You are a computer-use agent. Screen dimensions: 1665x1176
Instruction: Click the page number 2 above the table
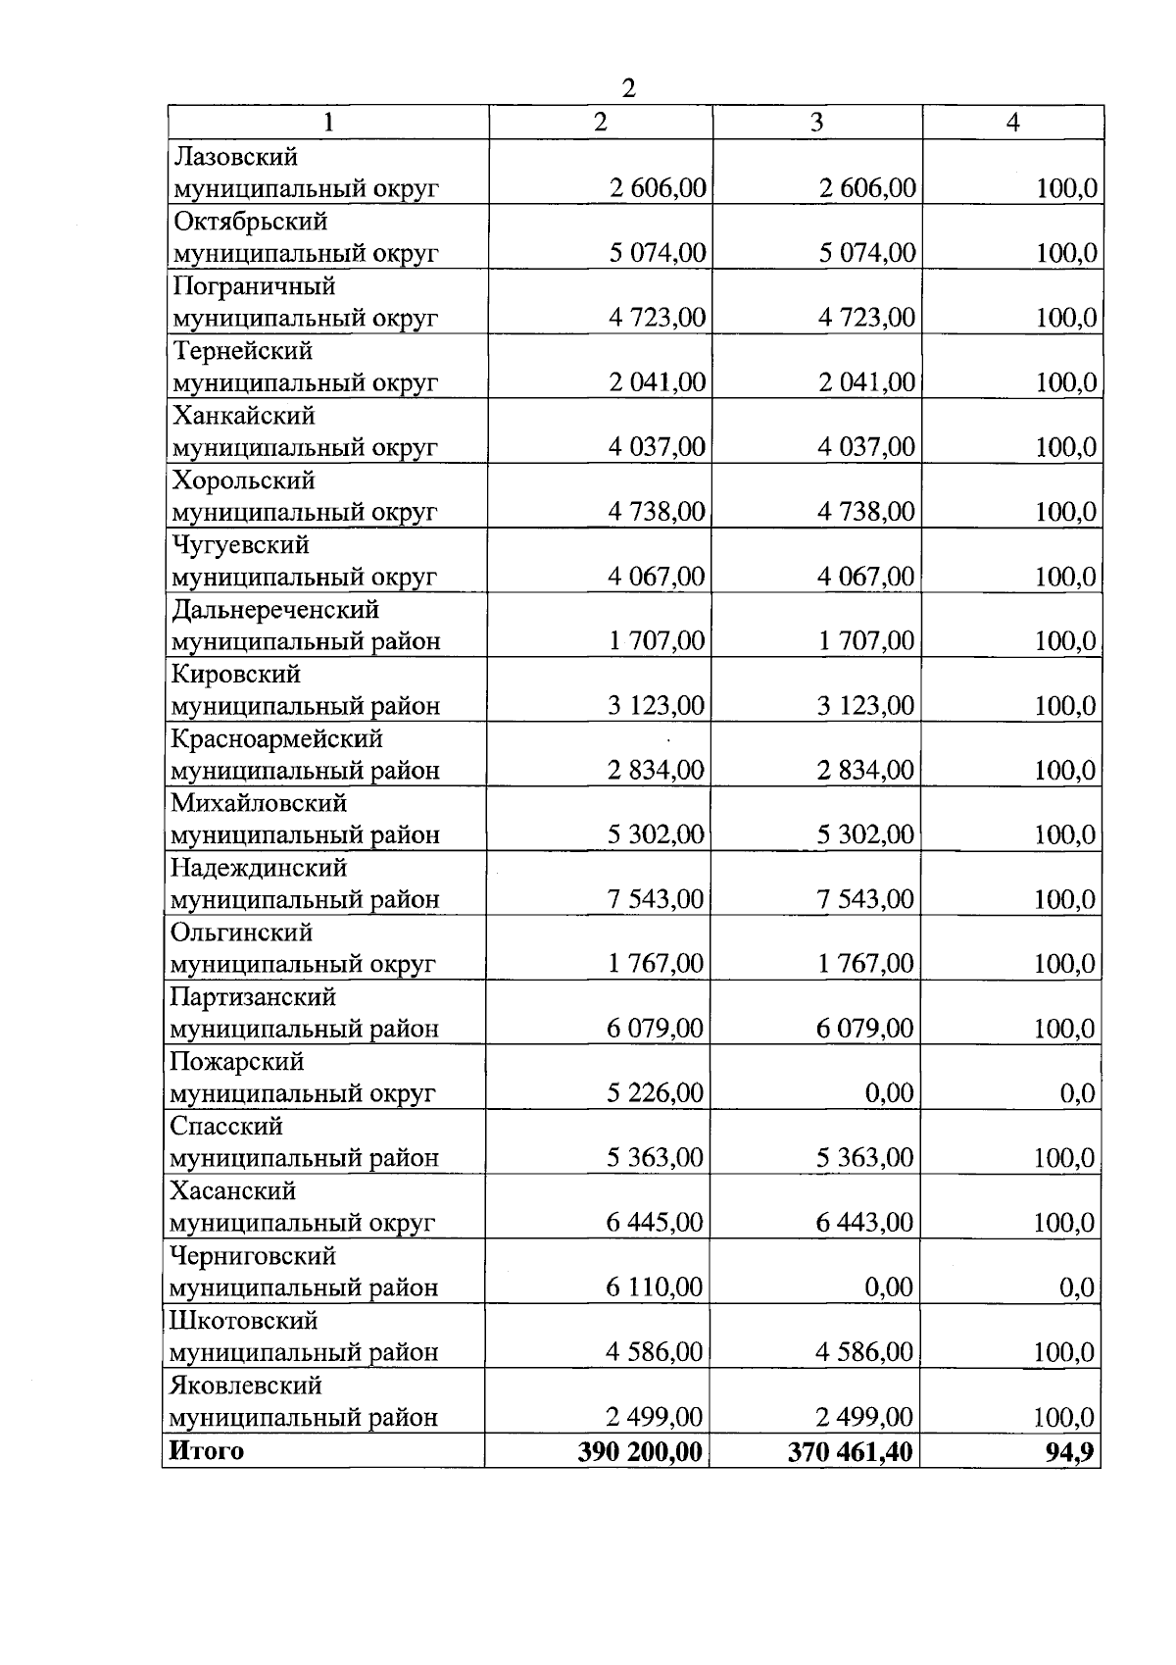(x=628, y=88)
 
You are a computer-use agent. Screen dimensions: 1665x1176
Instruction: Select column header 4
(x=1013, y=123)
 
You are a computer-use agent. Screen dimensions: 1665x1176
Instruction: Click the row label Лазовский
(x=235, y=157)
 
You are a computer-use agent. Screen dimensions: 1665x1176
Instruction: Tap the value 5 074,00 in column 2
(x=657, y=253)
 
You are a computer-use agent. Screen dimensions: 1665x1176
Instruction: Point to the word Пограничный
(x=254, y=286)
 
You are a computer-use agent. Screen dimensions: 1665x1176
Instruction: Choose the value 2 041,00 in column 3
(x=867, y=382)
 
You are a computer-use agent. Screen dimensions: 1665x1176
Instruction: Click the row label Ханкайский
(x=244, y=416)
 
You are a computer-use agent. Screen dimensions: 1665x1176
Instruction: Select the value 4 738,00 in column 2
(x=657, y=512)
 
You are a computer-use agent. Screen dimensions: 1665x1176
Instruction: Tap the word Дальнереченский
(x=275, y=610)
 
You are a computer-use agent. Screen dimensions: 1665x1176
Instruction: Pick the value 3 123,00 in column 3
(x=866, y=706)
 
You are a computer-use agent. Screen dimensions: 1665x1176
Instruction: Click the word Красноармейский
(x=276, y=738)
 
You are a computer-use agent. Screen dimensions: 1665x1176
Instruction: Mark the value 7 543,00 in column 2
(x=656, y=899)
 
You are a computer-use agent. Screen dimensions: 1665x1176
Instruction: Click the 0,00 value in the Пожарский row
(x=889, y=1093)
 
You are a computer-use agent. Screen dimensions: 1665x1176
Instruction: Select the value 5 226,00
(x=655, y=1093)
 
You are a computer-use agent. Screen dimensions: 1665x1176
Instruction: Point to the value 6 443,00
(x=865, y=1223)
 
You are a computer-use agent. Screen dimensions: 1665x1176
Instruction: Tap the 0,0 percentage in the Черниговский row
(x=1077, y=1287)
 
